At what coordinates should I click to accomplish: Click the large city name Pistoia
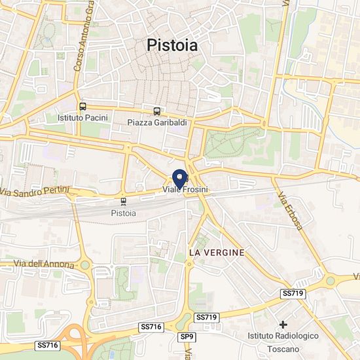pos(172,45)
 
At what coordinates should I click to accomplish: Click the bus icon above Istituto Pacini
pos(82,106)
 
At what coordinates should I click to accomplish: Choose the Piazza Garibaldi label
pos(155,122)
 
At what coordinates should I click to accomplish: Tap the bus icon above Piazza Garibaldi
pos(156,111)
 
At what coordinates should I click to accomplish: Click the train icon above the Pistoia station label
pos(124,202)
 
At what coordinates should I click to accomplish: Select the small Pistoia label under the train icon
pos(124,213)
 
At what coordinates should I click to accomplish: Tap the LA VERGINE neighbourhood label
pos(216,252)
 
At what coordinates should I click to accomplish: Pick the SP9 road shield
pos(187,336)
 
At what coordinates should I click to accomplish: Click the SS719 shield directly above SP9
pos(206,317)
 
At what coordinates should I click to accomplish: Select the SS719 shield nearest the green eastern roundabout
pos(293,294)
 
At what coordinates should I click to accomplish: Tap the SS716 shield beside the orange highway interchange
pos(48,345)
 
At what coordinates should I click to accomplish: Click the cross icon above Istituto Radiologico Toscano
pos(283,325)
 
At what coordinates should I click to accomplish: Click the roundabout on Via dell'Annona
pos(85,265)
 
